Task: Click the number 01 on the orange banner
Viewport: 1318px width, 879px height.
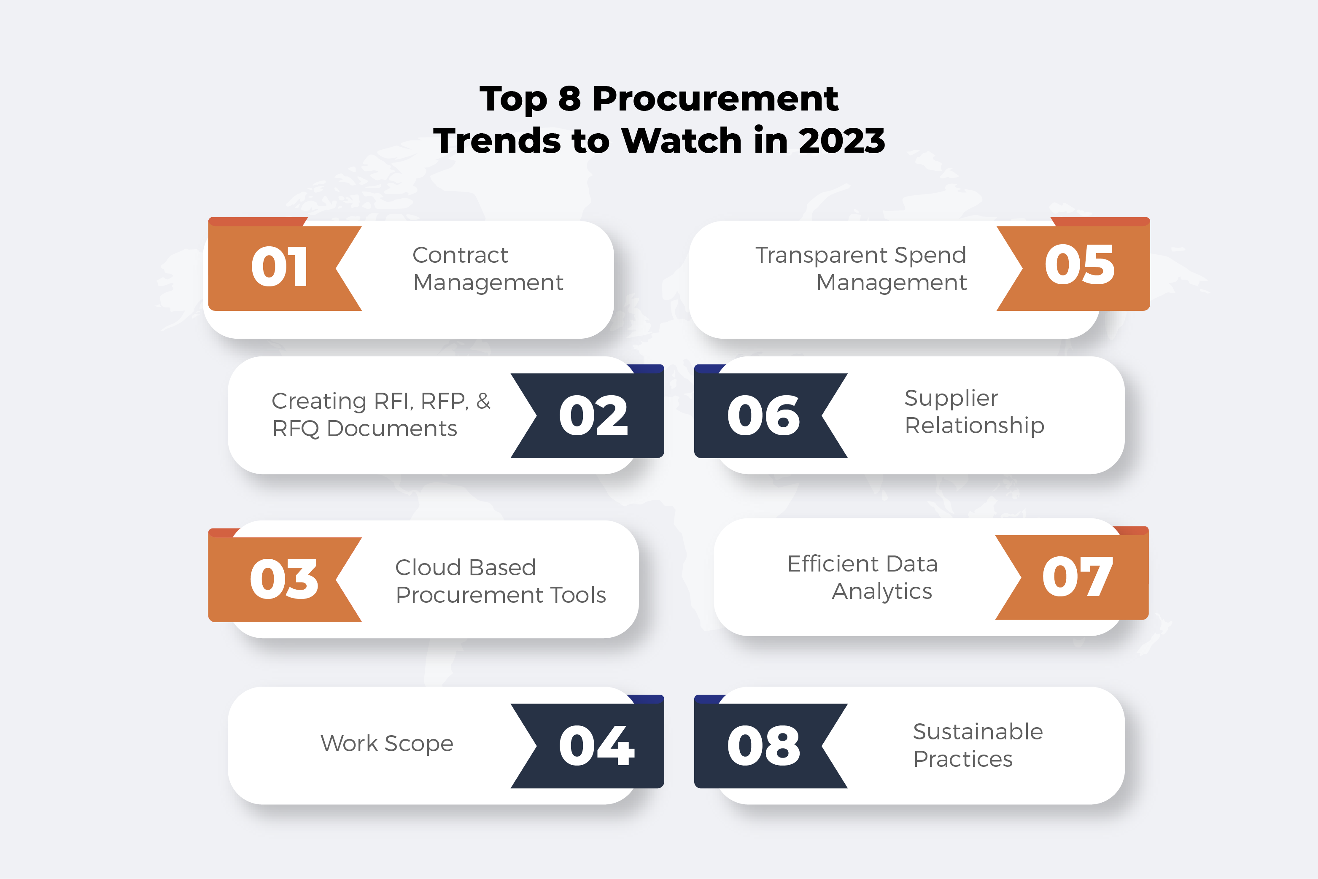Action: click(x=279, y=267)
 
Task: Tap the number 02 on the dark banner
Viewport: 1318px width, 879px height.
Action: click(x=593, y=415)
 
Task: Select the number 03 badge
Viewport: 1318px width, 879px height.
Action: click(x=284, y=579)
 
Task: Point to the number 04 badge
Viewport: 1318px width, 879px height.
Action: click(x=596, y=746)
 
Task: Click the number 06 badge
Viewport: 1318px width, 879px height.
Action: click(x=763, y=415)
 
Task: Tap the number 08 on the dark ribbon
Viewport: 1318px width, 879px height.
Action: click(x=763, y=746)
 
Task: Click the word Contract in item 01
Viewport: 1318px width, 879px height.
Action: click(x=460, y=255)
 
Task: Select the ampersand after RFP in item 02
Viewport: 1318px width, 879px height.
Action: click(x=483, y=401)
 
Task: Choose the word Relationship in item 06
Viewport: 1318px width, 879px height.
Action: click(x=974, y=426)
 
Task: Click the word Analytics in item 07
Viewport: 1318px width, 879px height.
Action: click(x=882, y=591)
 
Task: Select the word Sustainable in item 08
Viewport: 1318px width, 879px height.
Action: click(x=978, y=731)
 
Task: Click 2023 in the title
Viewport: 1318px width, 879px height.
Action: click(x=841, y=140)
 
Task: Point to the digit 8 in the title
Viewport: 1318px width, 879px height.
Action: click(x=569, y=99)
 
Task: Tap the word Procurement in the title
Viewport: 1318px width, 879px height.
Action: click(x=715, y=99)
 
